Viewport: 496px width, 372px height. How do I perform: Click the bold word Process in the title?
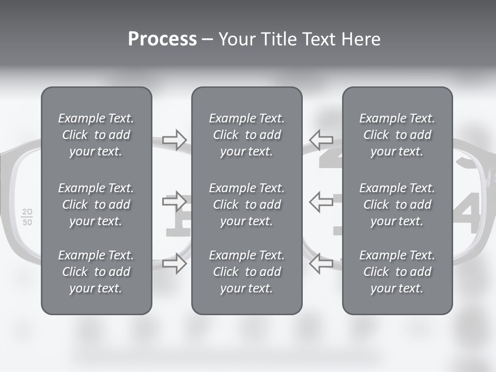[162, 39]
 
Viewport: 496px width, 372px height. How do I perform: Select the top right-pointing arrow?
[175, 139]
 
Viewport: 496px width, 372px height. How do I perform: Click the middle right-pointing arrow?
[175, 201]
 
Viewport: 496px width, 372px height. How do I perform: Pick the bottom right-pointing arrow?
[175, 263]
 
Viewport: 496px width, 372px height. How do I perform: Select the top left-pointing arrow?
[321, 139]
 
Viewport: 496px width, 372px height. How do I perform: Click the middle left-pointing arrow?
[321, 201]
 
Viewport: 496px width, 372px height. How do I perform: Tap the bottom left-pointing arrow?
[321, 263]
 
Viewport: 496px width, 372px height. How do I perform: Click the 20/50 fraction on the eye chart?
[27, 218]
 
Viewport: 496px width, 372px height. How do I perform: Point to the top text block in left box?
[96, 135]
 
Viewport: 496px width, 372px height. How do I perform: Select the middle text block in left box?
[96, 205]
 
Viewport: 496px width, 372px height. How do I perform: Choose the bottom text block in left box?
[96, 272]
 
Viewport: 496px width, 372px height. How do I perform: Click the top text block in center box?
[246, 135]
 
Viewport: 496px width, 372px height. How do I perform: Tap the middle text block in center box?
[246, 205]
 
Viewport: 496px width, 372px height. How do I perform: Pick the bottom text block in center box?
[246, 272]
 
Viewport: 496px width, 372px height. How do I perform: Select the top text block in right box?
[397, 135]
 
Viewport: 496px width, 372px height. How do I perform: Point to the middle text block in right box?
[397, 205]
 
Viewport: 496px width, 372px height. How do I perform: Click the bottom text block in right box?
[397, 272]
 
